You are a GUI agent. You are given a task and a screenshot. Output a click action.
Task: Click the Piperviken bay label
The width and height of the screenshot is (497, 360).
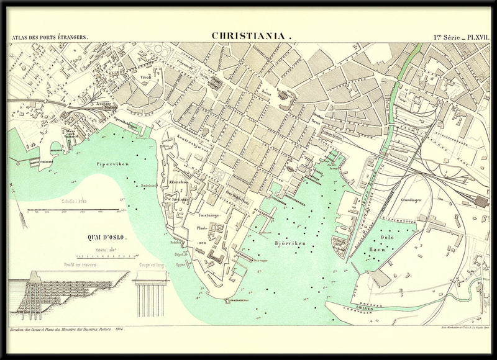[112, 164]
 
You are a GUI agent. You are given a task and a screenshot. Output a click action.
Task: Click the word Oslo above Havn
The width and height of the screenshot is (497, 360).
[387, 237]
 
